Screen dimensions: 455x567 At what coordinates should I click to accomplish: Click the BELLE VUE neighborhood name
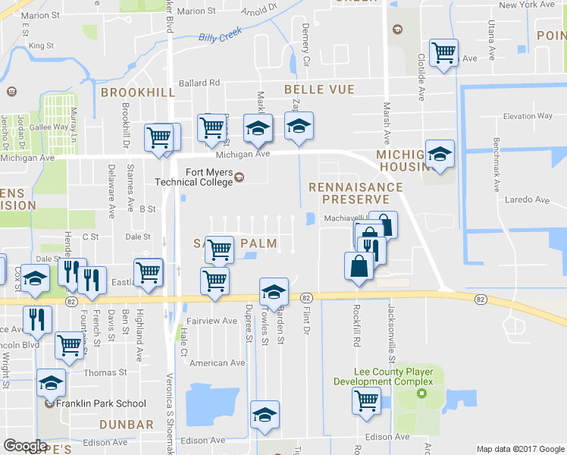pyautogui.click(x=318, y=89)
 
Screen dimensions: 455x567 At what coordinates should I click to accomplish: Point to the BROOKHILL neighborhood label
pyautogui.click(x=137, y=92)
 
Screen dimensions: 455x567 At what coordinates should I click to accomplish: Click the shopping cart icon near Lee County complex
pyautogui.click(x=367, y=399)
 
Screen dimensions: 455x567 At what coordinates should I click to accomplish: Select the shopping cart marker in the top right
pyautogui.click(x=443, y=52)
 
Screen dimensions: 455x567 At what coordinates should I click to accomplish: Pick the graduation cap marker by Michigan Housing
pyautogui.click(x=440, y=154)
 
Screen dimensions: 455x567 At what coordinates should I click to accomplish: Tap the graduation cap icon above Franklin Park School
pyautogui.click(x=52, y=383)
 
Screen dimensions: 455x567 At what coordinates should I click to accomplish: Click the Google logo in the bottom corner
pyautogui.click(x=25, y=446)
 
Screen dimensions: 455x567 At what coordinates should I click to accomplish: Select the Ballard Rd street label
pyautogui.click(x=199, y=83)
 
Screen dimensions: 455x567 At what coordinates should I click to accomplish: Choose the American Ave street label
pyautogui.click(x=218, y=363)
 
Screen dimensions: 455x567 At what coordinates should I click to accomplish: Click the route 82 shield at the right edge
pyautogui.click(x=481, y=300)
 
